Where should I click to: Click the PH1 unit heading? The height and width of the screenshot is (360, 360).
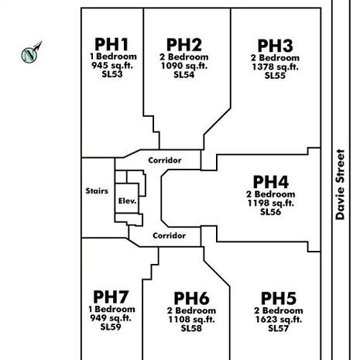111,44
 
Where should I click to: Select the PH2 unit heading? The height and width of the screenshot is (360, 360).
184,45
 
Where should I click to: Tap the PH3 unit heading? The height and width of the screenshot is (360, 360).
276,46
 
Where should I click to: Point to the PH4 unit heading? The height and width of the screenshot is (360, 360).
271,182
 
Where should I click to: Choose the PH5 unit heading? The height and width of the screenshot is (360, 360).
279,298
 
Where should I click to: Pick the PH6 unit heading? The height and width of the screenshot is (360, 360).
191,298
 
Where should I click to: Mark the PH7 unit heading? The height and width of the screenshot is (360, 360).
111,297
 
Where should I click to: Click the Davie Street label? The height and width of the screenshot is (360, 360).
340,184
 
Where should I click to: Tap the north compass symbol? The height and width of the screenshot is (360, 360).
31,53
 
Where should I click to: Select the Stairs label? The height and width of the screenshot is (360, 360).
97,191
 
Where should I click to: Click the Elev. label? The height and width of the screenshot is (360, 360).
127,201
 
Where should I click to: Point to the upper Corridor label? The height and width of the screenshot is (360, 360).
165,160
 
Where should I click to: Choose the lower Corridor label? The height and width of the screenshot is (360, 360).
169,235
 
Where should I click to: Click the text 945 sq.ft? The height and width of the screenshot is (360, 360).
112,66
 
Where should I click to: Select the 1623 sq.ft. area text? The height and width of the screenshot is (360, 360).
279,320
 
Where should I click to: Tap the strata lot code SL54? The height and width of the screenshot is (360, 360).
184,75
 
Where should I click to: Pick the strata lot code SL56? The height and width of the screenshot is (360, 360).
270,212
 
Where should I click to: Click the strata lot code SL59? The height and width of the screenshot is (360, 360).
111,327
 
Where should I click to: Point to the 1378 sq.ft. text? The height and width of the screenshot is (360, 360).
275,67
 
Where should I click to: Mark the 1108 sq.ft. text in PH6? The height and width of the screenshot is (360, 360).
191,320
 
